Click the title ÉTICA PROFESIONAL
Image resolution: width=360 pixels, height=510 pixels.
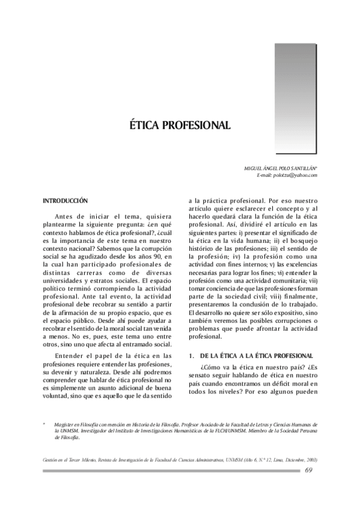180,126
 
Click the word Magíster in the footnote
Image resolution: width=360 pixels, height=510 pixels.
66,424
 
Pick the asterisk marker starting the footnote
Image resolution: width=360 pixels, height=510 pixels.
44,424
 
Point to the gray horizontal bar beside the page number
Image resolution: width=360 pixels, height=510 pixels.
171,470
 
